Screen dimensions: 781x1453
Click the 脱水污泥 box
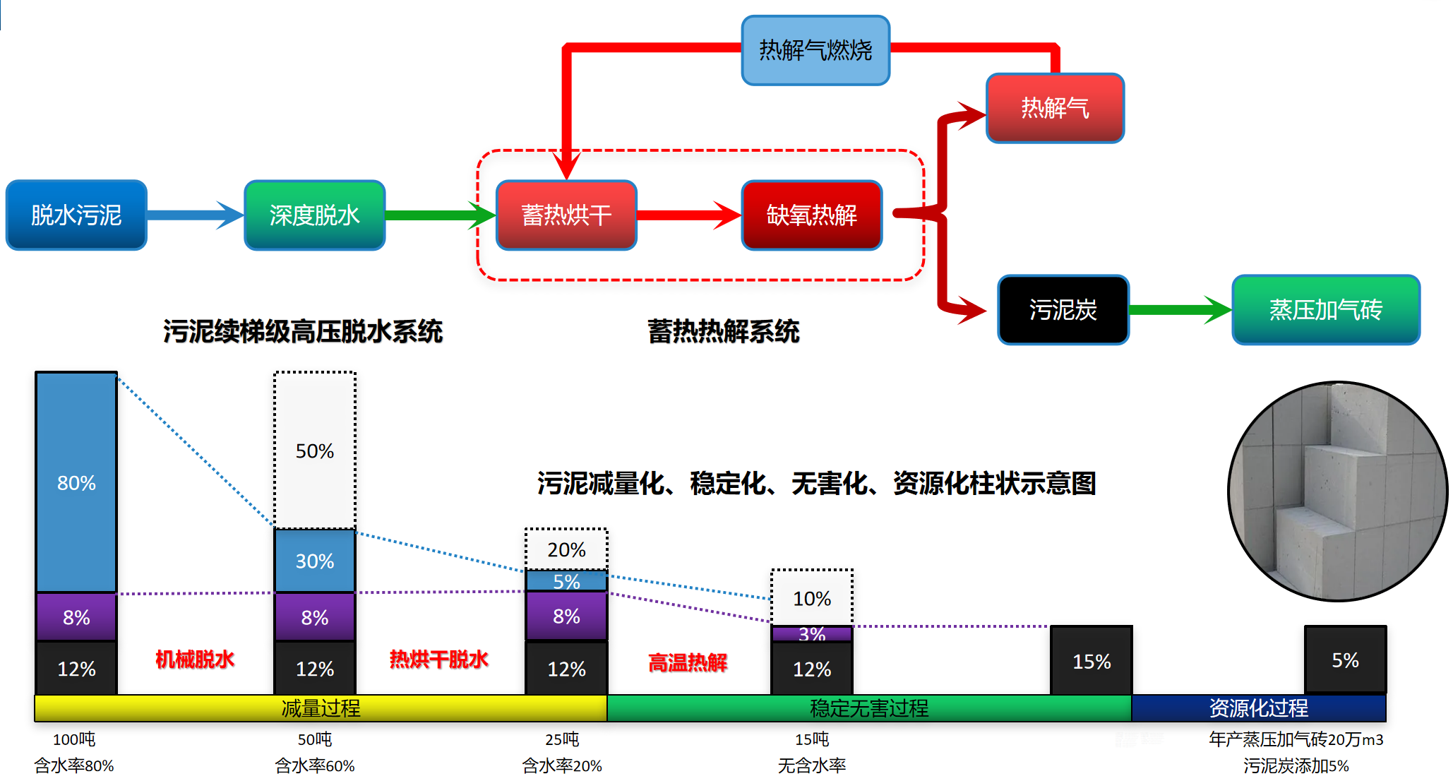76,215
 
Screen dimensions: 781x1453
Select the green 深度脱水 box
314,215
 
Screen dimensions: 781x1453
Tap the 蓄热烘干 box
566,215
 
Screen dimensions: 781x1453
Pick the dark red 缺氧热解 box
812,215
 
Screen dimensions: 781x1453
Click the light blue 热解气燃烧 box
815,50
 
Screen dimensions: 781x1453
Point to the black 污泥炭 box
1063,309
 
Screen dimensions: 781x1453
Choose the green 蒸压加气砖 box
1325,309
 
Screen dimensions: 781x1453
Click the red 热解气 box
1055,108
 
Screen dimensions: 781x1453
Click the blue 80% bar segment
76,482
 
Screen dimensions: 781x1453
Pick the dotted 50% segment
315,451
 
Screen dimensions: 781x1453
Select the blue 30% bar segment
315,561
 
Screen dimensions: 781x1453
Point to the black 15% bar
1092,661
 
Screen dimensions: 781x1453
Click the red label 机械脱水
194,660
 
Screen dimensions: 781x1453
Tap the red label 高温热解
688,662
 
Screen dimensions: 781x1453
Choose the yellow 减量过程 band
321,708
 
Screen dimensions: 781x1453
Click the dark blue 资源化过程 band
1258,708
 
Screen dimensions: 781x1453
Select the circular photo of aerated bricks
1337,491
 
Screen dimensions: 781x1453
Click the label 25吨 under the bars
562,739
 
